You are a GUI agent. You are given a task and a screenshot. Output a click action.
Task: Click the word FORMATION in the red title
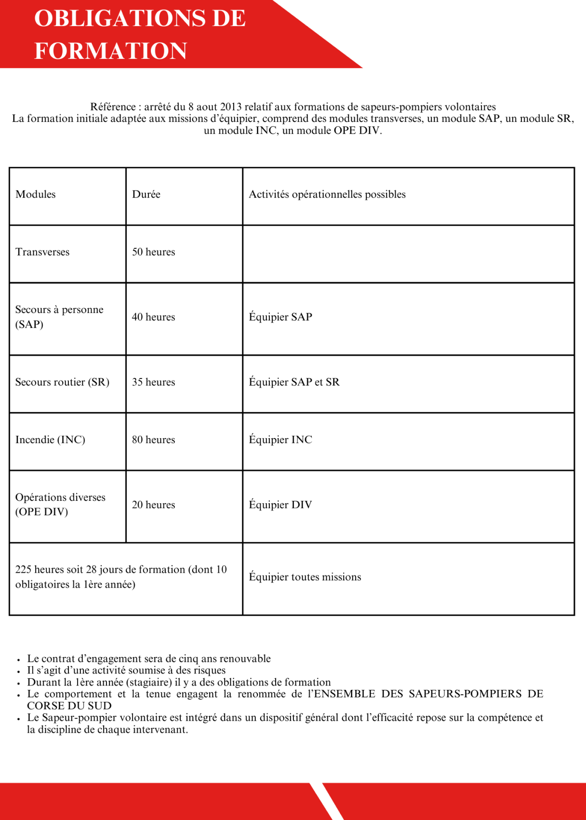click(111, 51)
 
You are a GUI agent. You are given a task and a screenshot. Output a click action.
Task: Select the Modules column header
click(36, 194)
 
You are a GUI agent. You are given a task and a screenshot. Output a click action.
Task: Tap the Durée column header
click(146, 194)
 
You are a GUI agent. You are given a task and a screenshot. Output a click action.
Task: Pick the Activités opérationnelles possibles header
click(327, 194)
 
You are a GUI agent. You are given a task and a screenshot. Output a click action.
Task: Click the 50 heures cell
click(153, 252)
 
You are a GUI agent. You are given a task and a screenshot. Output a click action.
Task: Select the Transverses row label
click(42, 252)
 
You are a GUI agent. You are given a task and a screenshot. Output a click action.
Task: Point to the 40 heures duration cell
click(153, 317)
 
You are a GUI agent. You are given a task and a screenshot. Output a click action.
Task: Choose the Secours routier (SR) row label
click(62, 382)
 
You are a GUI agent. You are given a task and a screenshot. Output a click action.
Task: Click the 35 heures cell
click(153, 382)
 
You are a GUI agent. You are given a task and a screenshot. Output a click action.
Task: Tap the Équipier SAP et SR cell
click(294, 382)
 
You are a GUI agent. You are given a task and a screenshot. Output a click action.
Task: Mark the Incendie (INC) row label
click(50, 440)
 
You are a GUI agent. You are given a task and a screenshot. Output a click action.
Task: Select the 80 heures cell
click(153, 440)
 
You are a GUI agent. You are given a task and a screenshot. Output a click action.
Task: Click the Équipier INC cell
click(280, 440)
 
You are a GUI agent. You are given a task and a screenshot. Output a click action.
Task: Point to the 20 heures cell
click(153, 505)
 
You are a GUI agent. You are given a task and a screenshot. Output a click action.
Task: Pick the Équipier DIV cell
click(280, 505)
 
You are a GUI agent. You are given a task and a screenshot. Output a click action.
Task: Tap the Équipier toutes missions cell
click(305, 577)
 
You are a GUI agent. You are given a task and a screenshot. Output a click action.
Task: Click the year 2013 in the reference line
click(231, 107)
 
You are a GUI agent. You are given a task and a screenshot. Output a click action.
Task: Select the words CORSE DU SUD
click(69, 706)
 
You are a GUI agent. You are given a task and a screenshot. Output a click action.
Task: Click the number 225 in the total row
click(23, 570)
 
